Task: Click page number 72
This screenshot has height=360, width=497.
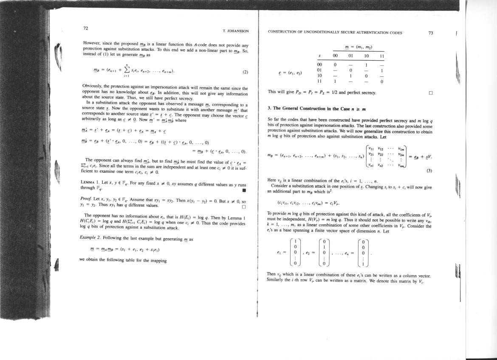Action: coord(85,28)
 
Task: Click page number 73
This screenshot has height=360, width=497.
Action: coord(431,32)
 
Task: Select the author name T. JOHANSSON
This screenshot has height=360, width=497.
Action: coord(235,31)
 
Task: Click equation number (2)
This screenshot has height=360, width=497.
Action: coord(245,72)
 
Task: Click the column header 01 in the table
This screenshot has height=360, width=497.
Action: coord(351,56)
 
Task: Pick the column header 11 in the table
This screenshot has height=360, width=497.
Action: coord(381,56)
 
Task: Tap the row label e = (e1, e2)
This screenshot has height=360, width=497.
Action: coord(291,73)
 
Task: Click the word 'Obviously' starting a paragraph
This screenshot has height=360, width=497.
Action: coord(91,86)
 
